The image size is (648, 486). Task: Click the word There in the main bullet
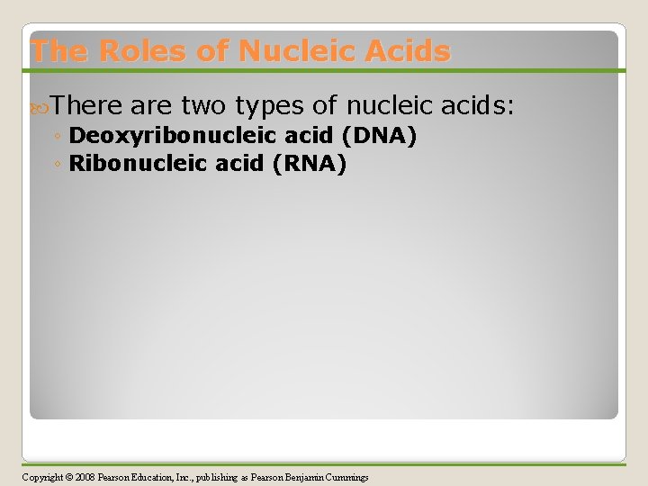tap(86, 106)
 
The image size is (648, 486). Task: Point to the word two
tap(203, 106)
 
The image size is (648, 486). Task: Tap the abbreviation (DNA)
tap(378, 137)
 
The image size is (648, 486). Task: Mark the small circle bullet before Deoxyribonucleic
tap(57, 138)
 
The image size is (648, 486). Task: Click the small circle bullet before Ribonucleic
tap(57, 165)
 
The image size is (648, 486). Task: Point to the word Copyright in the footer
tap(43, 477)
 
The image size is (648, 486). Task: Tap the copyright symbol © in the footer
tap(70, 477)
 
